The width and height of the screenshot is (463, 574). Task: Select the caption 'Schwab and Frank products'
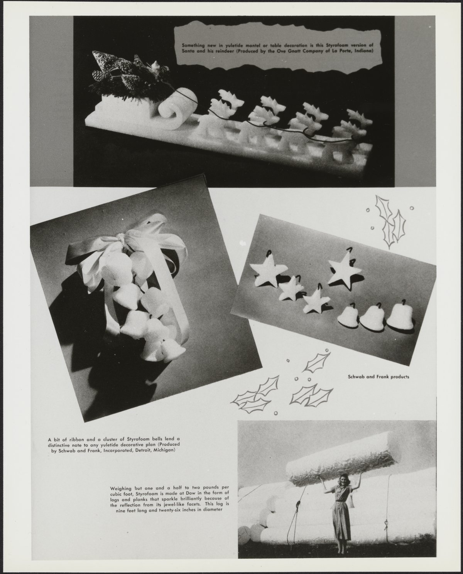(379, 377)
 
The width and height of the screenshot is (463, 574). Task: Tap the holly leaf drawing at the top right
(390, 222)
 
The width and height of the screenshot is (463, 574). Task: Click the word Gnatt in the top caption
(293, 50)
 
